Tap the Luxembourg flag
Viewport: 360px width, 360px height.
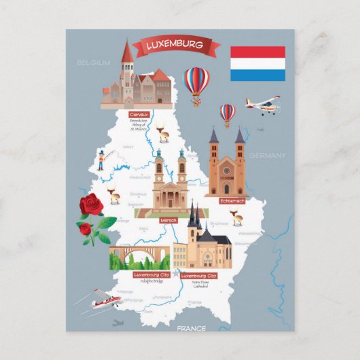[257, 63]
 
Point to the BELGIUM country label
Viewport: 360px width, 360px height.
[93, 62]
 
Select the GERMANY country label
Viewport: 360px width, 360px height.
[267, 156]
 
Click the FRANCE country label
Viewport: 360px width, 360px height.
[192, 328]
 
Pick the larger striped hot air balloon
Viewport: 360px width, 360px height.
[197, 83]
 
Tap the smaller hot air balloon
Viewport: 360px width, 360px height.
[228, 113]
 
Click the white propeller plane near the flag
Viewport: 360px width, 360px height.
[263, 105]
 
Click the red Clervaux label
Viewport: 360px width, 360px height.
[139, 115]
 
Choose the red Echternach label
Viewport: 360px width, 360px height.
[232, 201]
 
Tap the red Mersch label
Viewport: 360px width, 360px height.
[168, 221]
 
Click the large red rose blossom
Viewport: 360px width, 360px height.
[90, 204]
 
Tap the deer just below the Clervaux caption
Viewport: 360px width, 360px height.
[162, 132]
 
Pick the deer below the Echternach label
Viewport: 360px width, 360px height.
[236, 218]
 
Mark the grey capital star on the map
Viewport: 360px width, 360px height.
[178, 274]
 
